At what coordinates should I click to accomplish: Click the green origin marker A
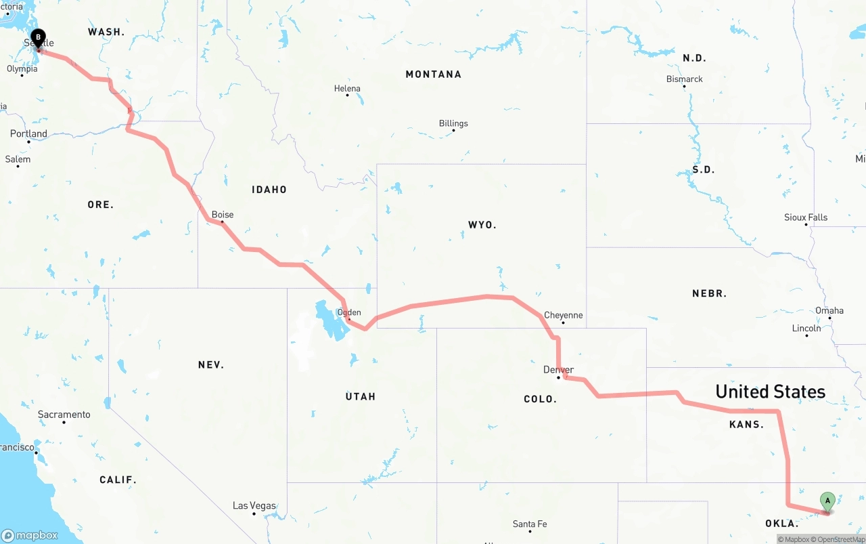827,502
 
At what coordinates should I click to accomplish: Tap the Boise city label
223,215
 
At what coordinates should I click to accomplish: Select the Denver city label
558,370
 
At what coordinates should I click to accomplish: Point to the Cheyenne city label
563,315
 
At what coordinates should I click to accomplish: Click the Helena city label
347,89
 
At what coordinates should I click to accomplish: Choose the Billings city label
453,123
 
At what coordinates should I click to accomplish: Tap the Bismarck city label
685,79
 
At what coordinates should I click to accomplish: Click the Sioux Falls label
806,217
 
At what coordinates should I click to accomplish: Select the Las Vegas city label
254,505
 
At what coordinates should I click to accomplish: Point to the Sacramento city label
64,415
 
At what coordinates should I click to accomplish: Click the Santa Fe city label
530,524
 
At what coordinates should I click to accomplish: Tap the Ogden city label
349,312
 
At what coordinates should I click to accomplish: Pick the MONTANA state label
433,75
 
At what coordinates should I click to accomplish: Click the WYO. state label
482,225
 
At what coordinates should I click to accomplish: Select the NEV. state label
211,365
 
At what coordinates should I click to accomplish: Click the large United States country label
770,392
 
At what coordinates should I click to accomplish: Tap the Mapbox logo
30,535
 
